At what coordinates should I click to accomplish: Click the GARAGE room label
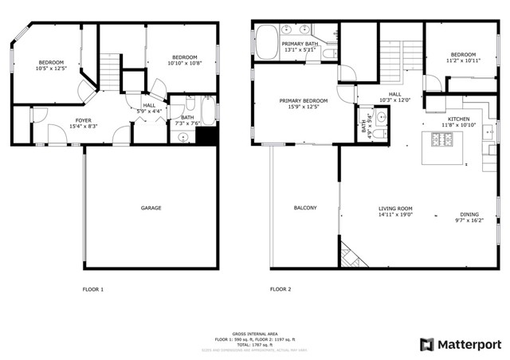coord(151,208)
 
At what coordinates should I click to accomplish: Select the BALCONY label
coord(304,208)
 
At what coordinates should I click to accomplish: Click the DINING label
coord(469,213)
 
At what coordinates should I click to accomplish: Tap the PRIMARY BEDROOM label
coord(304,101)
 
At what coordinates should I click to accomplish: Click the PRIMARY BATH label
coord(300,44)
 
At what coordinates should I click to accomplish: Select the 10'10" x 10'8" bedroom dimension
coord(185,64)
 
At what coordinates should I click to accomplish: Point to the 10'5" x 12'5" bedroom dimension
coord(51,69)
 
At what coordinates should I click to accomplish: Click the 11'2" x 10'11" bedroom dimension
coord(463,61)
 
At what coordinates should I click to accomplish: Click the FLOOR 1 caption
coord(93,289)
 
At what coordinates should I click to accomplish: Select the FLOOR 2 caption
coord(280,289)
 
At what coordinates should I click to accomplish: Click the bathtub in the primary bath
coord(265,41)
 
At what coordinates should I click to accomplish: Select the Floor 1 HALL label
coord(149,105)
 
